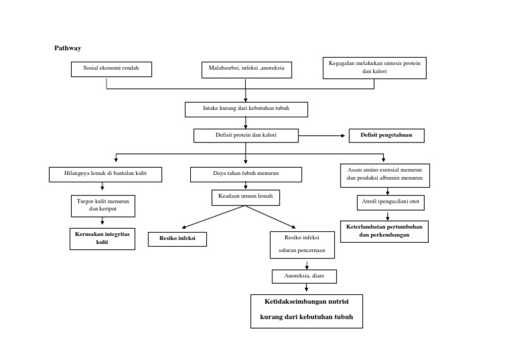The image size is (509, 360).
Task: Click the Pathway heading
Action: click(67, 48)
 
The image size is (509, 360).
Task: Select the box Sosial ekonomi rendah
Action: click(111, 69)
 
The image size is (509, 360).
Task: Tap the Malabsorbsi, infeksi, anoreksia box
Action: click(246, 70)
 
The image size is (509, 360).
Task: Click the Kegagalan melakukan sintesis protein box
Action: click(374, 68)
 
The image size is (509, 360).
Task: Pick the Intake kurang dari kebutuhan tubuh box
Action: click(245, 109)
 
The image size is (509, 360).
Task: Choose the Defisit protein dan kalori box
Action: click(245, 135)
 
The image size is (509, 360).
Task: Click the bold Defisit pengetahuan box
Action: click(386, 135)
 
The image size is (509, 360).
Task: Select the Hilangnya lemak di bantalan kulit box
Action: click(105, 174)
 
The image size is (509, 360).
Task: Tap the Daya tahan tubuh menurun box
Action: click(245, 174)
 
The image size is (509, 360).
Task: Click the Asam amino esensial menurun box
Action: click(384, 175)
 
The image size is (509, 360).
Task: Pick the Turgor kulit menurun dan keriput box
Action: click(103, 206)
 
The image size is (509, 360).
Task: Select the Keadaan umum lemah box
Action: click(245, 197)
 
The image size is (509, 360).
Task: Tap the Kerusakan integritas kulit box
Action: click(102, 239)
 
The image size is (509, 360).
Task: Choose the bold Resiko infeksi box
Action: click(177, 239)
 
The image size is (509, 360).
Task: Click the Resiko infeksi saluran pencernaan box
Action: click(302, 244)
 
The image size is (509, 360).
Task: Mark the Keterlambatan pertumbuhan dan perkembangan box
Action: click(384, 231)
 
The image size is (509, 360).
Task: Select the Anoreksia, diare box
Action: click(304, 276)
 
